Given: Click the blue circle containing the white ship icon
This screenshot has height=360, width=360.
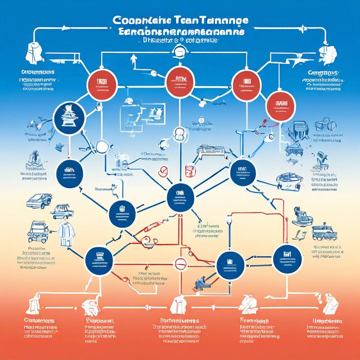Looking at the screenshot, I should pos(69,118).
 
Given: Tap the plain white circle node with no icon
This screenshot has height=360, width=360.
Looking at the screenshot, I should pos(102,147).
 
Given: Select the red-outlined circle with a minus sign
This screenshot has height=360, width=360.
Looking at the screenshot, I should pos(180,264).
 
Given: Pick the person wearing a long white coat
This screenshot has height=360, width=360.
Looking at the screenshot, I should pos(66,232).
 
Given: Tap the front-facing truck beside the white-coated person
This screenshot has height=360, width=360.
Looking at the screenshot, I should pos(38,231).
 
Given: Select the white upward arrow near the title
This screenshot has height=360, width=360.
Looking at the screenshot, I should pos(134,60).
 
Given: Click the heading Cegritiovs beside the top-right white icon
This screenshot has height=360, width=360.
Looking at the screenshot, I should pos(322,73).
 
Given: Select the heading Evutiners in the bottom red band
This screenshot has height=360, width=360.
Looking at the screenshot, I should pos(100,321).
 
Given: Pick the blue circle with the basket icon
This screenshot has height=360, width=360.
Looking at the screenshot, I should pos(122,213).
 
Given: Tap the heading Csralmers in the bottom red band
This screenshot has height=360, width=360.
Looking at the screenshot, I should pos(39,321).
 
